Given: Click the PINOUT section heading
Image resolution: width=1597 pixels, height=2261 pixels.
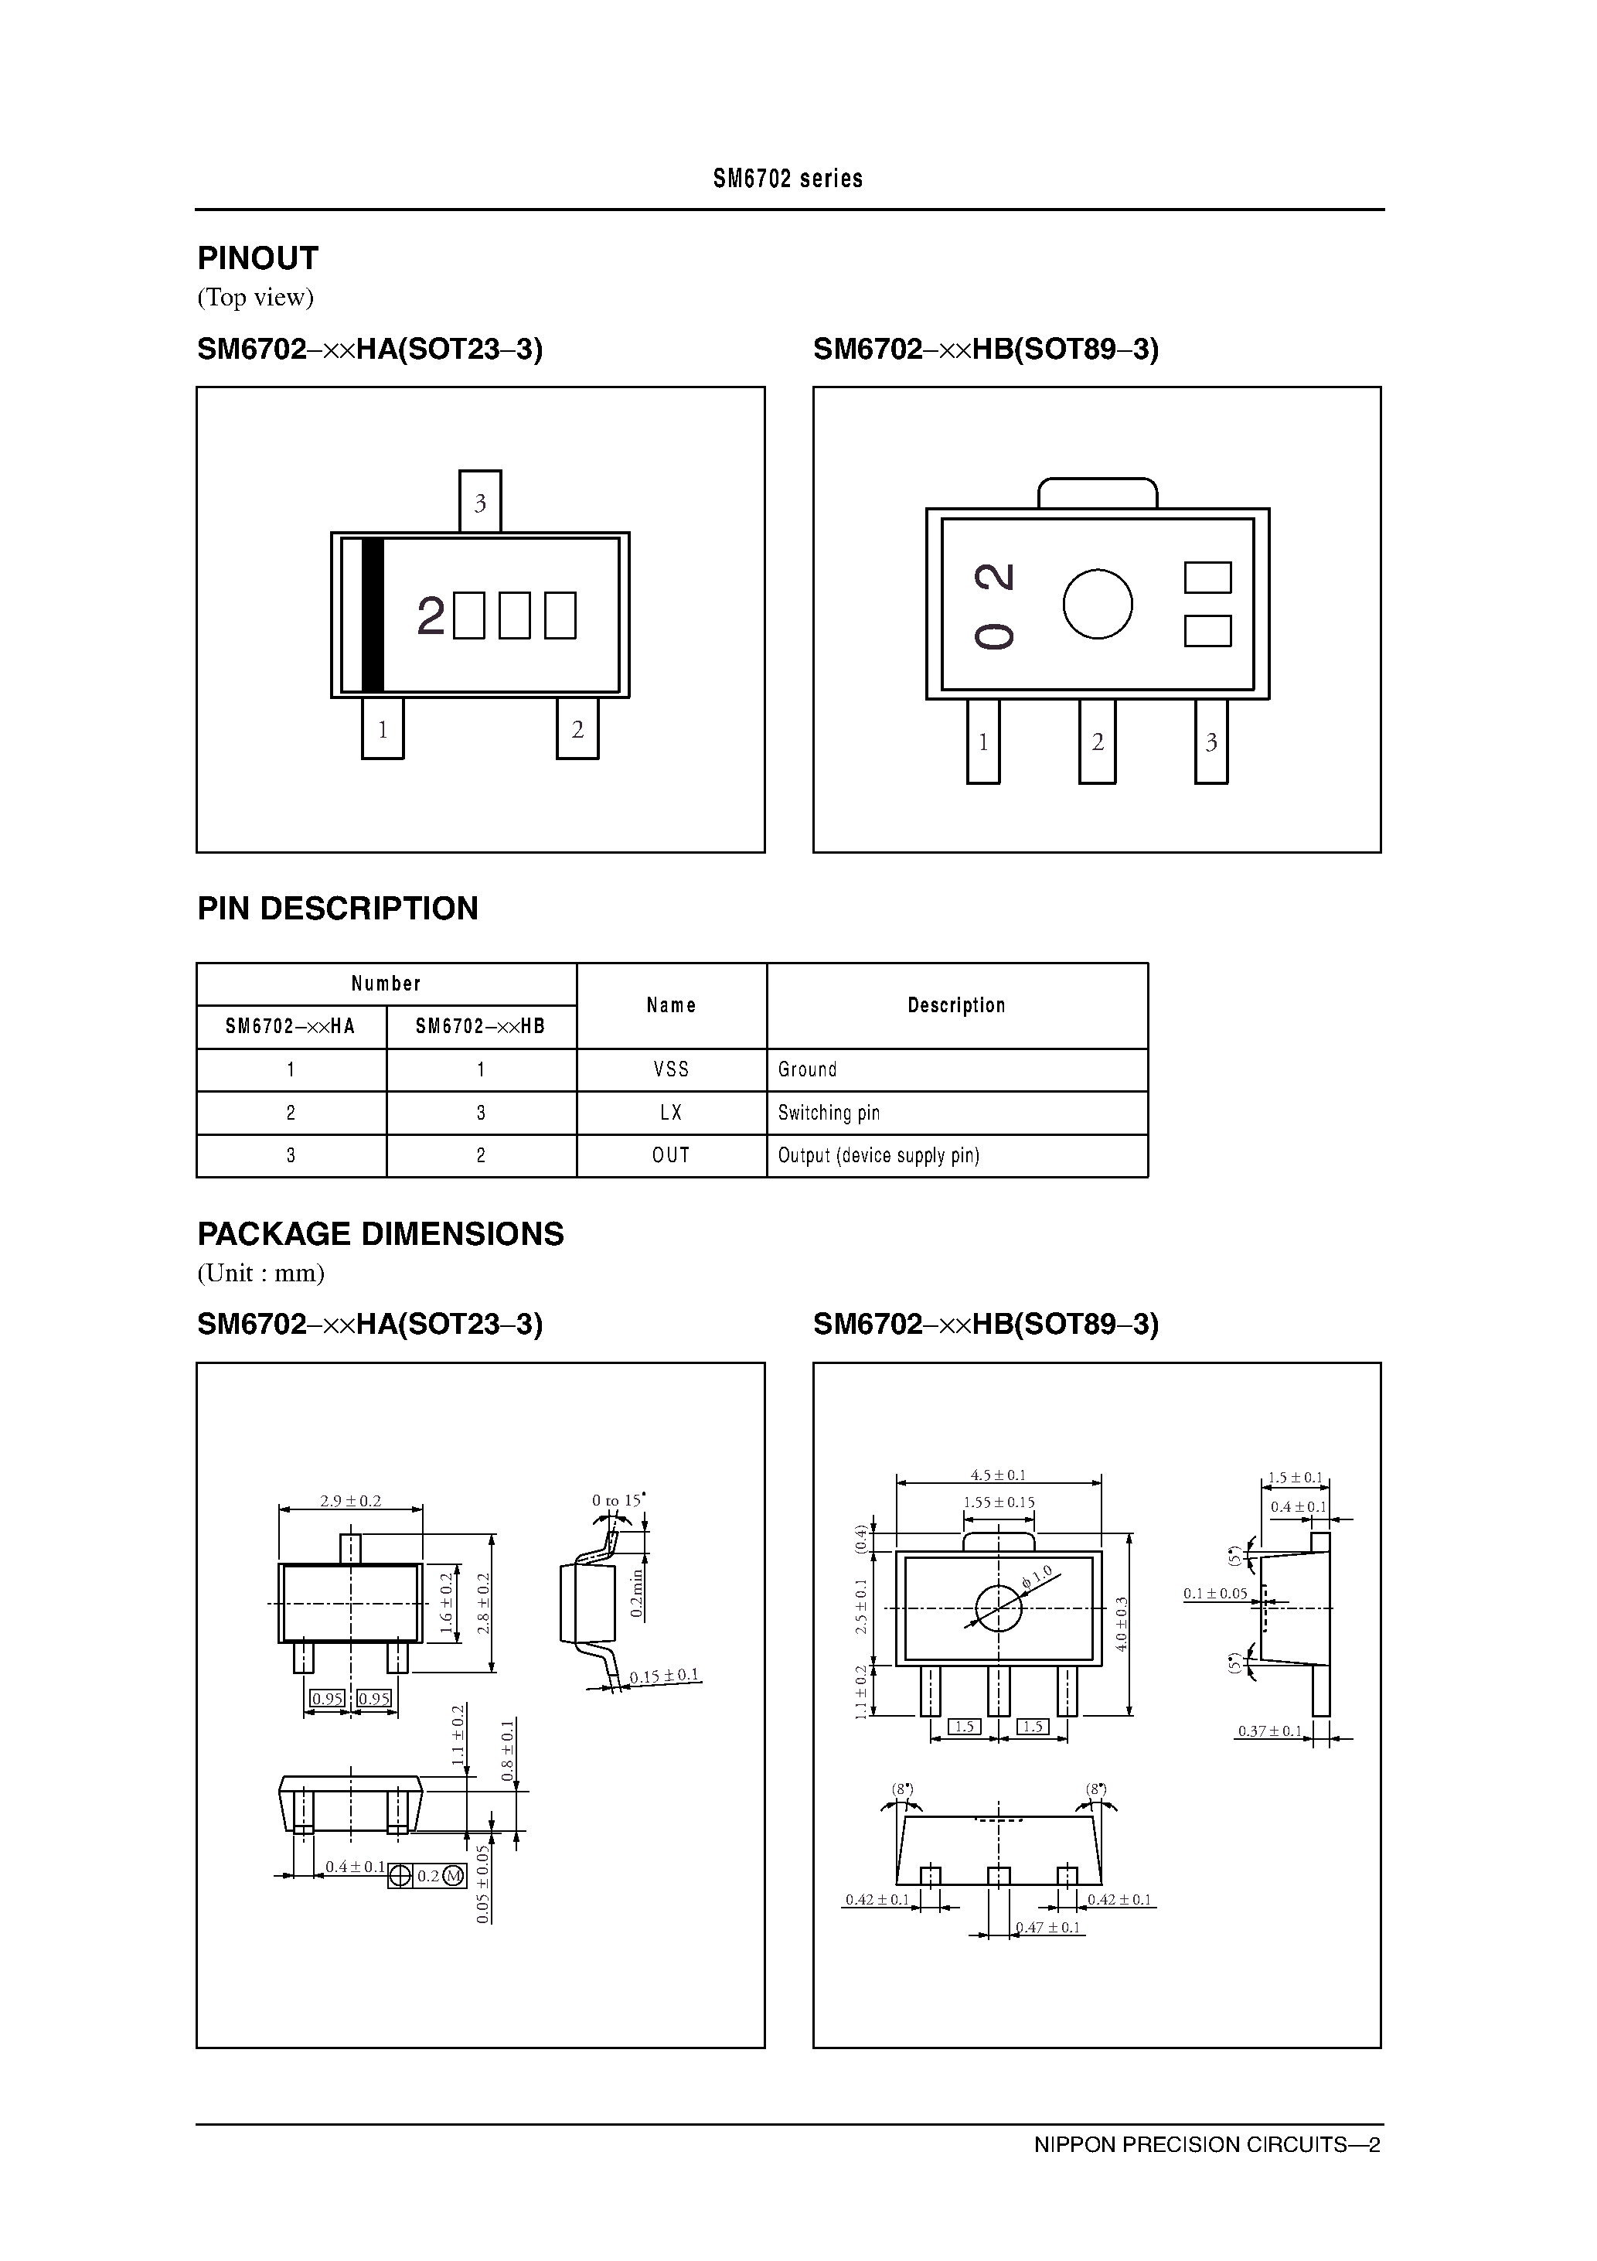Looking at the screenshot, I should pyautogui.click(x=258, y=258).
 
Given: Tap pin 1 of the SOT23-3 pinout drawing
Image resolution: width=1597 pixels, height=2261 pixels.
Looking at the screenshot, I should pyautogui.click(x=382, y=728).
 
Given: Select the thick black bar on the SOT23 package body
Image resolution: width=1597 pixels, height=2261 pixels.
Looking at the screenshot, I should pyautogui.click(x=372, y=616).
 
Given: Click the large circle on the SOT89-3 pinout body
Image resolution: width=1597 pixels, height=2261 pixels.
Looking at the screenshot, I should pyautogui.click(x=1097, y=604).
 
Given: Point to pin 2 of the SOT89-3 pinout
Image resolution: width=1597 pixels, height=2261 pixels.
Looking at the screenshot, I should pyautogui.click(x=1097, y=742).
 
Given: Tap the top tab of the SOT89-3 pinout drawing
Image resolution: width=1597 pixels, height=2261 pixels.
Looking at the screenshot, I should pyautogui.click(x=1097, y=493).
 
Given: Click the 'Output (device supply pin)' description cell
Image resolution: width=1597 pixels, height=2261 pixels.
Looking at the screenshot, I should pyautogui.click(x=878, y=1155).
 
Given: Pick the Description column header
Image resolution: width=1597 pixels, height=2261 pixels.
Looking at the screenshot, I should pyautogui.click(x=956, y=1005).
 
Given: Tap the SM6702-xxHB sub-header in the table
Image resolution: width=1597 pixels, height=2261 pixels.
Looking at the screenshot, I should pyautogui.click(x=481, y=1026).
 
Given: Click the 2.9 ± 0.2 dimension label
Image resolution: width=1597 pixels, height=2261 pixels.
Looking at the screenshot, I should pyautogui.click(x=349, y=1501).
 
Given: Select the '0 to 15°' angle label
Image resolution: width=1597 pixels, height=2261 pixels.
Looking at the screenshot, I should pyautogui.click(x=618, y=1500).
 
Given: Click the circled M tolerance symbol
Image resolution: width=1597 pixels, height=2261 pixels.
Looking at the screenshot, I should pyautogui.click(x=453, y=1876).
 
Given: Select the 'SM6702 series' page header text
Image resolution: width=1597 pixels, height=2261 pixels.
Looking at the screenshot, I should pyautogui.click(x=788, y=179).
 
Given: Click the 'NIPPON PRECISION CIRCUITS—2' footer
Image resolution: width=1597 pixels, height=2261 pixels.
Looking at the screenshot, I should pyautogui.click(x=1206, y=2143).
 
